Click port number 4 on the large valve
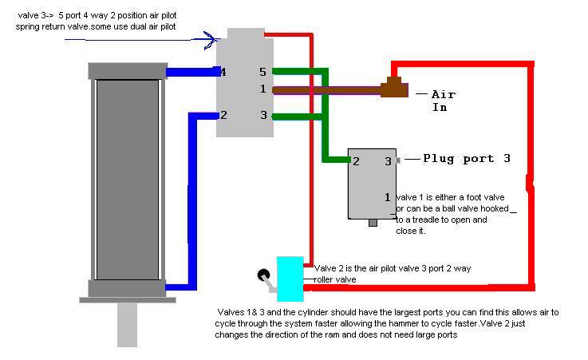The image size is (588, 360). click(x=223, y=72)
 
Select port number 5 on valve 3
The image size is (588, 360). click(x=262, y=72)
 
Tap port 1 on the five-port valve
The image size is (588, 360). click(x=262, y=89)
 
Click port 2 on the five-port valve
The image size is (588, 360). click(x=223, y=115)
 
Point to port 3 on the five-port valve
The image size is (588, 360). click(x=263, y=115)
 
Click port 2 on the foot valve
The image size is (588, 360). click(x=356, y=161)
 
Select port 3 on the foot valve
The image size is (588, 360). click(x=388, y=161)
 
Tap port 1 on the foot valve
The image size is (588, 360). click(x=388, y=197)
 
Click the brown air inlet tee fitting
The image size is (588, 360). click(x=394, y=87)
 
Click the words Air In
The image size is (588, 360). click(x=444, y=101)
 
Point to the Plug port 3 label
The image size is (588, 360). click(x=467, y=159)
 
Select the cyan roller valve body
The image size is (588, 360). click(x=290, y=279)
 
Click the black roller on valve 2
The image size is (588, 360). click(x=263, y=275)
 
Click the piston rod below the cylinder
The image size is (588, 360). click(x=127, y=325)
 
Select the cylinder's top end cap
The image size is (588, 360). click(x=128, y=71)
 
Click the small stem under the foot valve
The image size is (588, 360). click(x=373, y=223)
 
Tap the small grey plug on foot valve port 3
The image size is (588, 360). click(x=398, y=160)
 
